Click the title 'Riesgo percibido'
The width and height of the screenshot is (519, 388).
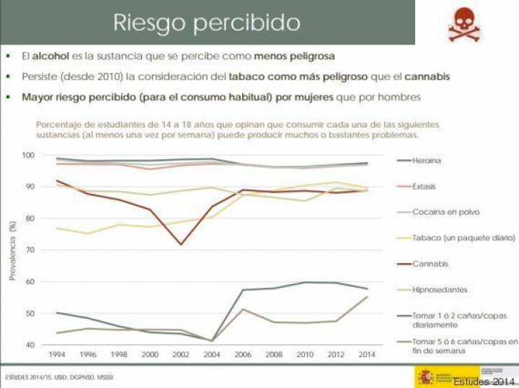point(207,22)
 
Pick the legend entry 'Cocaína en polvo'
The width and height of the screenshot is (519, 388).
point(445,212)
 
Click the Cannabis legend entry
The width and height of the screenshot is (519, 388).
point(430,264)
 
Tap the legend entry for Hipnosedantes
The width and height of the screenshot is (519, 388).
point(440,290)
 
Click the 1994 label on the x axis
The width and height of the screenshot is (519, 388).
point(57,355)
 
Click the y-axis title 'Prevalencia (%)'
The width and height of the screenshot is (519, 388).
point(13,250)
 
